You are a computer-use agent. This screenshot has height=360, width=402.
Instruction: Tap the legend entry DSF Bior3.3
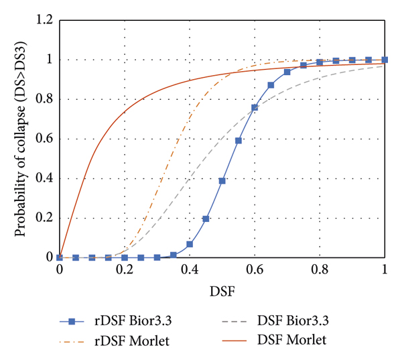pyautogui.click(x=289, y=321)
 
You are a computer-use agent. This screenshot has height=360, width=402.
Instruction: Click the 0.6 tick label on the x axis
pyautogui.click(x=255, y=270)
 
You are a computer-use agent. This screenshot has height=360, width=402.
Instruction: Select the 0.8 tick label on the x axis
pyautogui.click(x=320, y=270)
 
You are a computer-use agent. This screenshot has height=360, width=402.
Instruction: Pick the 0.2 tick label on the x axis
pyautogui.click(x=125, y=270)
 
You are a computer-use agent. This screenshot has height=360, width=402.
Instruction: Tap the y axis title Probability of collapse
pyautogui.click(x=21, y=139)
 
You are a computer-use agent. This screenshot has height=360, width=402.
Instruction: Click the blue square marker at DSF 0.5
pyautogui.click(x=222, y=181)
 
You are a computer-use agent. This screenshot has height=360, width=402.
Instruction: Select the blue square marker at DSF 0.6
pyautogui.click(x=255, y=107)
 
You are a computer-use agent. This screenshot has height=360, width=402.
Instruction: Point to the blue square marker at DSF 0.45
pyautogui.click(x=206, y=219)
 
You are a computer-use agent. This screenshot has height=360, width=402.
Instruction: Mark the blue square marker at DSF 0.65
pyautogui.click(x=271, y=85)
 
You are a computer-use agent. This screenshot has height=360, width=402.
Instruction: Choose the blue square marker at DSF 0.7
pyautogui.click(x=287, y=72)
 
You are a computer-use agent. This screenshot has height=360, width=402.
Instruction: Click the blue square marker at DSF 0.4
pyautogui.click(x=190, y=244)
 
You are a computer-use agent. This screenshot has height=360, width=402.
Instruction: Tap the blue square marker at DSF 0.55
pyautogui.click(x=239, y=141)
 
